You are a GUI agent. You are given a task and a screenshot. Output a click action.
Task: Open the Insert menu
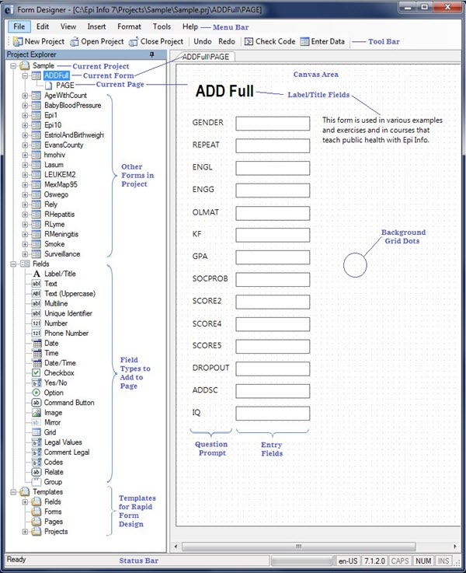coord(96,26)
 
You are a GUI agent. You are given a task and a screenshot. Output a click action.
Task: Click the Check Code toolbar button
coord(270,41)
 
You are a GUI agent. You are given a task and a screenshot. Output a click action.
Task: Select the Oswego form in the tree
coord(56,194)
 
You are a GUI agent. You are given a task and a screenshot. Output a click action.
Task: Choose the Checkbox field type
coord(59,373)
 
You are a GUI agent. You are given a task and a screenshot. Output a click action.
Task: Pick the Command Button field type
coord(68,403)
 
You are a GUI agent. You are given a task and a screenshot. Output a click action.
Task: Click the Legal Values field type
coord(62,442)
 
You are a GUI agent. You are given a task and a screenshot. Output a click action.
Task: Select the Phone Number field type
coord(66,333)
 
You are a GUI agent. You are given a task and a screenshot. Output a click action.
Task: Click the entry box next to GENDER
coord(273,124)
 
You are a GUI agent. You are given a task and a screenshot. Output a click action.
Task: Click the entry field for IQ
coord(273,413)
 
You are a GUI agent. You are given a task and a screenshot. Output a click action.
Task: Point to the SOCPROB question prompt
coord(210,278)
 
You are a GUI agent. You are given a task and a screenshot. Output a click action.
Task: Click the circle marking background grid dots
coord(355,264)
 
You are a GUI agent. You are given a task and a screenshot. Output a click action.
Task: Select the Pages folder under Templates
coord(54,522)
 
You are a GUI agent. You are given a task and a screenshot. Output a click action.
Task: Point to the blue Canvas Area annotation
coord(315,75)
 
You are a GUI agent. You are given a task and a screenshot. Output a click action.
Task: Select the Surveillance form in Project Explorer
coord(61,253)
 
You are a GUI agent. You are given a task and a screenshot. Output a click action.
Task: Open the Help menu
coord(190,26)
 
